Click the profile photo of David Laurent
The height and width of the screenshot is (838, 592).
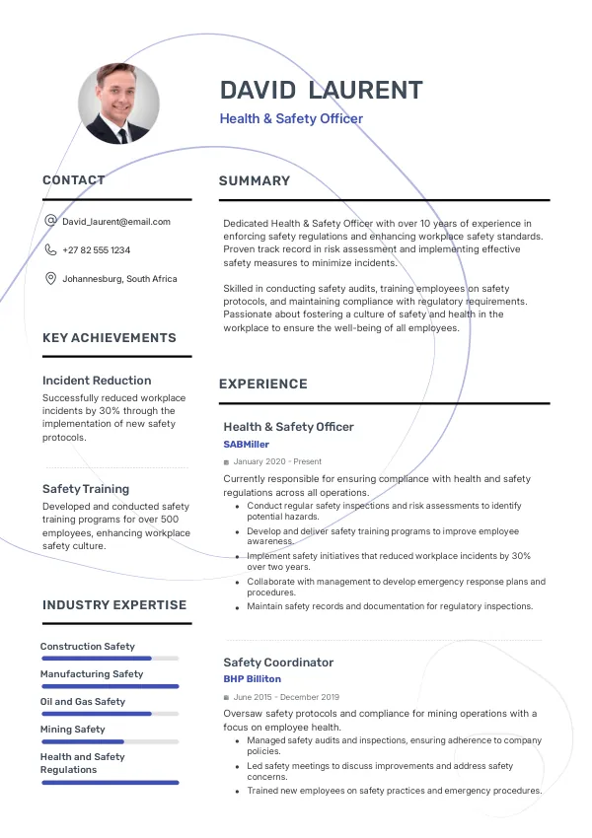tap(118, 104)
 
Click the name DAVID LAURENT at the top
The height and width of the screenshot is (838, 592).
tap(321, 91)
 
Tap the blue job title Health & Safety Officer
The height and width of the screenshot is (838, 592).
tap(291, 119)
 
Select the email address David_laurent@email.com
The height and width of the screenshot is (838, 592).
tap(116, 222)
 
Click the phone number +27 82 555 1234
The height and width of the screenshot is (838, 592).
tap(96, 250)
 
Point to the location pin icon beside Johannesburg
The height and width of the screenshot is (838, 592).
tap(50, 279)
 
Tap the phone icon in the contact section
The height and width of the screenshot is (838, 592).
tap(50, 250)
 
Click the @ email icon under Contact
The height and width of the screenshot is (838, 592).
tap(50, 222)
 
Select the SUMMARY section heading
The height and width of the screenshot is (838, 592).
tap(255, 181)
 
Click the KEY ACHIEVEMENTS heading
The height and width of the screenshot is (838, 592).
tap(110, 338)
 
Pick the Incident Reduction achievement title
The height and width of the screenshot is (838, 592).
tap(97, 381)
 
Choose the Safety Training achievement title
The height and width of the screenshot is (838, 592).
tap(86, 489)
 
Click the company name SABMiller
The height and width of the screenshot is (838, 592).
tap(246, 445)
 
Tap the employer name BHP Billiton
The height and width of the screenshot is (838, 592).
tap(252, 679)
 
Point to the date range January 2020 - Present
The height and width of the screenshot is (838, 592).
tap(277, 461)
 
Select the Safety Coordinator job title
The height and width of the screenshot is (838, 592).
tap(278, 663)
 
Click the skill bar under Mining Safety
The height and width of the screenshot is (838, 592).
tap(109, 741)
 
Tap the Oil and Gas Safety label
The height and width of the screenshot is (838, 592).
tap(83, 702)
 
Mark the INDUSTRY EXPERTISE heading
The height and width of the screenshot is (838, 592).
tap(114, 605)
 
